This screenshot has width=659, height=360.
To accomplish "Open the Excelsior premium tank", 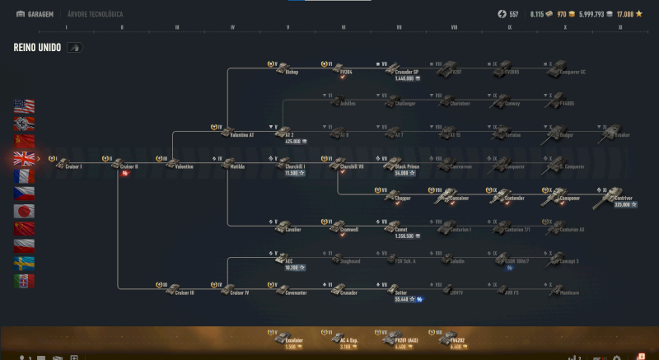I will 290,338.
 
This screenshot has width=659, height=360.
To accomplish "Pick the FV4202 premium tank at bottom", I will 455,338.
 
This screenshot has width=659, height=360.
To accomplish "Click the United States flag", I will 24,106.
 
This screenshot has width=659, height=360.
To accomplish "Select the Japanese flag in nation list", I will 24,211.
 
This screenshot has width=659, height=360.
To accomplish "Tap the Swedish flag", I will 24,263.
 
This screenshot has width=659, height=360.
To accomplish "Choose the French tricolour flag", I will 24,175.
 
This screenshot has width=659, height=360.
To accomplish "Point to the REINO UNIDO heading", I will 35,48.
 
